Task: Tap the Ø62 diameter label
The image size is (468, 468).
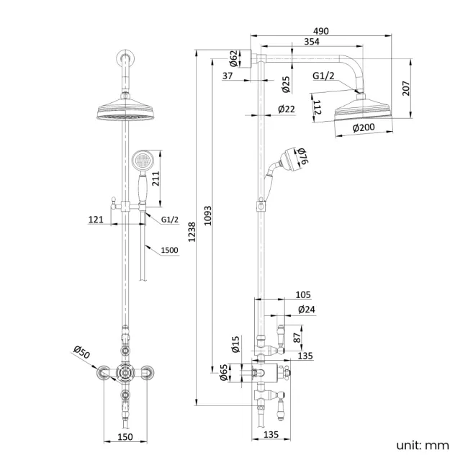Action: pyautogui.click(x=234, y=57)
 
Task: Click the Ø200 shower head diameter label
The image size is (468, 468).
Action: pyautogui.click(x=365, y=127)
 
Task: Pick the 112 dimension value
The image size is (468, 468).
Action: pyautogui.click(x=318, y=108)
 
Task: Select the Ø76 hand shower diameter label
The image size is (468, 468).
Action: pyautogui.click(x=303, y=157)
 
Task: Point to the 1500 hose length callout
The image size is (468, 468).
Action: pyautogui.click(x=170, y=250)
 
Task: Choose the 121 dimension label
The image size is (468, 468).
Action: pyautogui.click(x=96, y=219)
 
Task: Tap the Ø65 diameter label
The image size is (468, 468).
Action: pyautogui.click(x=224, y=372)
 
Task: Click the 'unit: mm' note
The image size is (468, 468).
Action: pyautogui.click(x=422, y=445)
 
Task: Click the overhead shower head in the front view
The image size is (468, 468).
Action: pyautogui.click(x=127, y=112)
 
